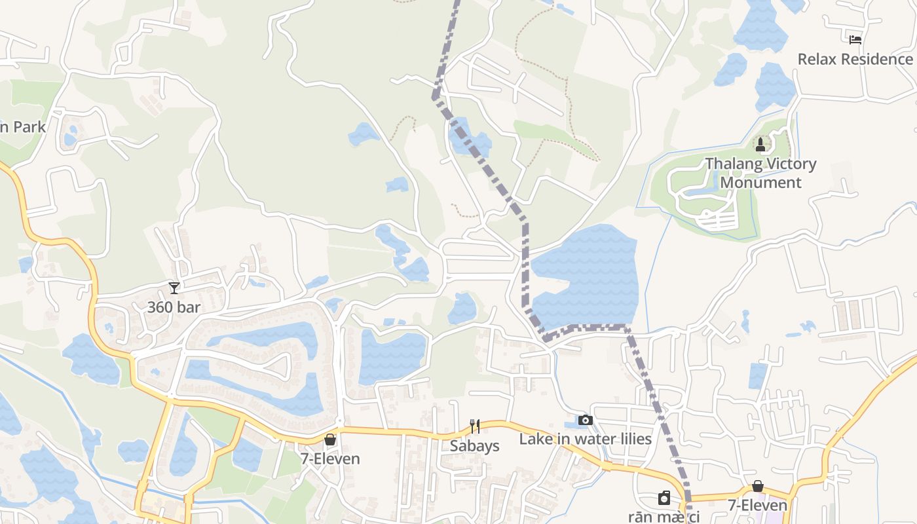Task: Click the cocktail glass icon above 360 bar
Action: coord(174,288)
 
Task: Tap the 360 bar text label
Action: coord(174,307)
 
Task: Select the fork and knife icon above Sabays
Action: coord(475,427)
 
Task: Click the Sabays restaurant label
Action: coord(475,446)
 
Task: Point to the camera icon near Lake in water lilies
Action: coord(586,420)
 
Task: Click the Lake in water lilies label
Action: coord(586,439)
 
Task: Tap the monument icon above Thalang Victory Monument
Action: coord(760,144)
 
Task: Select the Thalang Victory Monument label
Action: coord(760,173)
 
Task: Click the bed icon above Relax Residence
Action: coord(855,39)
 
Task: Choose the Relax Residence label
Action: coord(855,59)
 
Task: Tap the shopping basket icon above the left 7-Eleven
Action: coord(330,440)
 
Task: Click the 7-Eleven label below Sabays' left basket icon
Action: coord(330,458)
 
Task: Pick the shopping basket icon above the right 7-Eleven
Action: coord(758,486)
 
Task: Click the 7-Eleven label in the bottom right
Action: coord(758,506)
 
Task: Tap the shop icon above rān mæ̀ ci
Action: coord(664,498)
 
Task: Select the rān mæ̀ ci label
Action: coord(664,517)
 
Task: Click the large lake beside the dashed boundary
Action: coord(586,275)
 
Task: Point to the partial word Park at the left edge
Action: coord(23,126)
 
